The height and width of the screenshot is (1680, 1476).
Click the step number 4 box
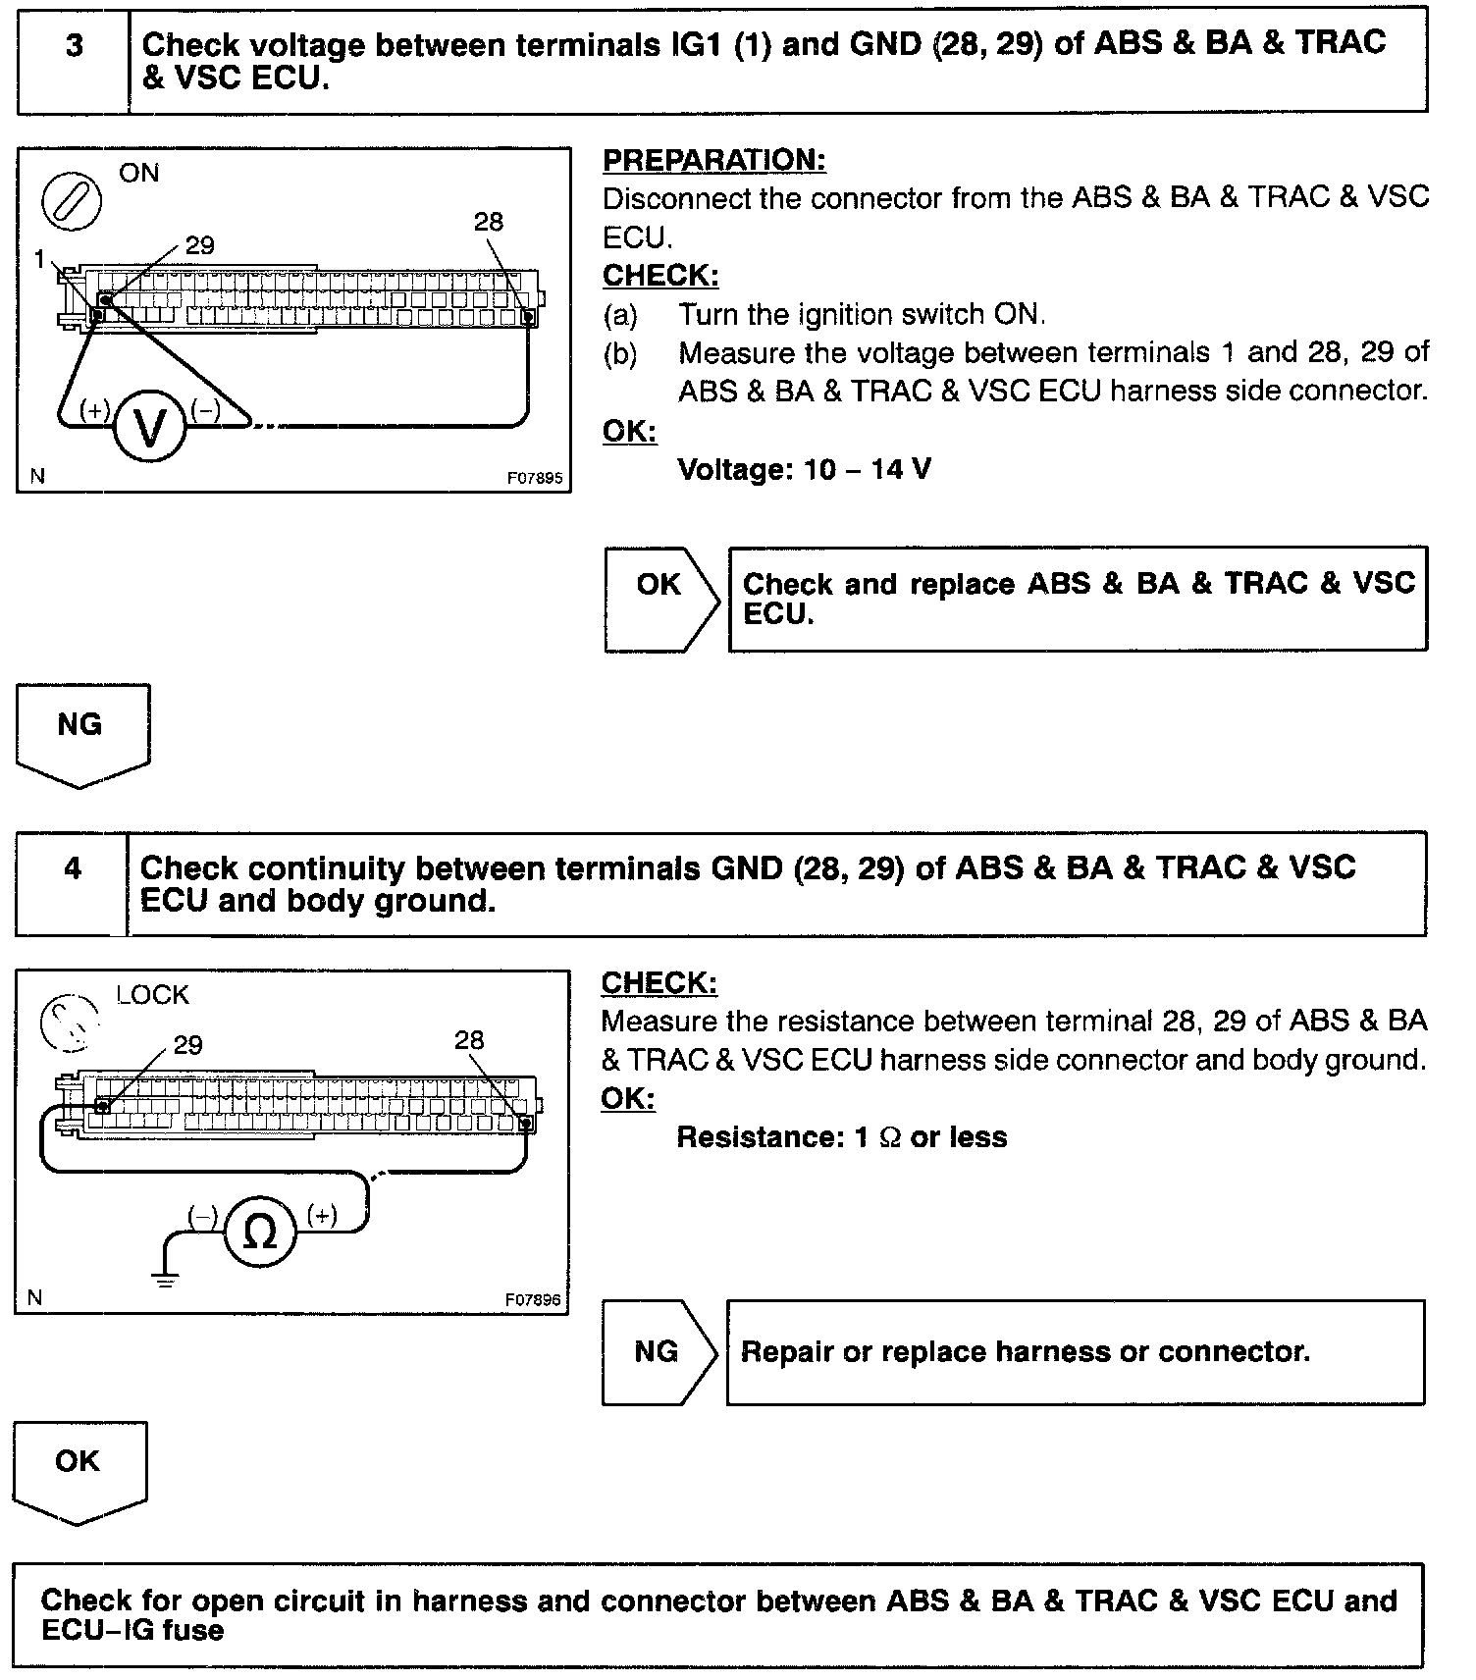(72, 883)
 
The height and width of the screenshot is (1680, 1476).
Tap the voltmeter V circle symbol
(149, 428)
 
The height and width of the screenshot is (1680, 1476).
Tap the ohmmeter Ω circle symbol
(259, 1233)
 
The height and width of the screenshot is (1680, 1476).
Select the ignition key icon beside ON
(71, 202)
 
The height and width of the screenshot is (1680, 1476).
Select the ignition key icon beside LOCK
(70, 1022)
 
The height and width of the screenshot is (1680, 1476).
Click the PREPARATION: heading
(713, 160)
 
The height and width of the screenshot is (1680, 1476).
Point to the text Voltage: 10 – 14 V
(804, 469)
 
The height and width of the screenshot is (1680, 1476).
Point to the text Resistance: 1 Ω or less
(842, 1137)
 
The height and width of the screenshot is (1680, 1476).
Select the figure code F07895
(535, 479)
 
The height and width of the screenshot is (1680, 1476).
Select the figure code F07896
(533, 1300)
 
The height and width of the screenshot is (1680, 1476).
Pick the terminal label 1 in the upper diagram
(38, 259)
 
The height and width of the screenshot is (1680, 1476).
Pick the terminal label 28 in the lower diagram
(469, 1040)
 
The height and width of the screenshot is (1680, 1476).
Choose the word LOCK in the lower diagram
(152, 995)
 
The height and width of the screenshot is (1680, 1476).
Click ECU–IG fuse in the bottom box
(132, 1630)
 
